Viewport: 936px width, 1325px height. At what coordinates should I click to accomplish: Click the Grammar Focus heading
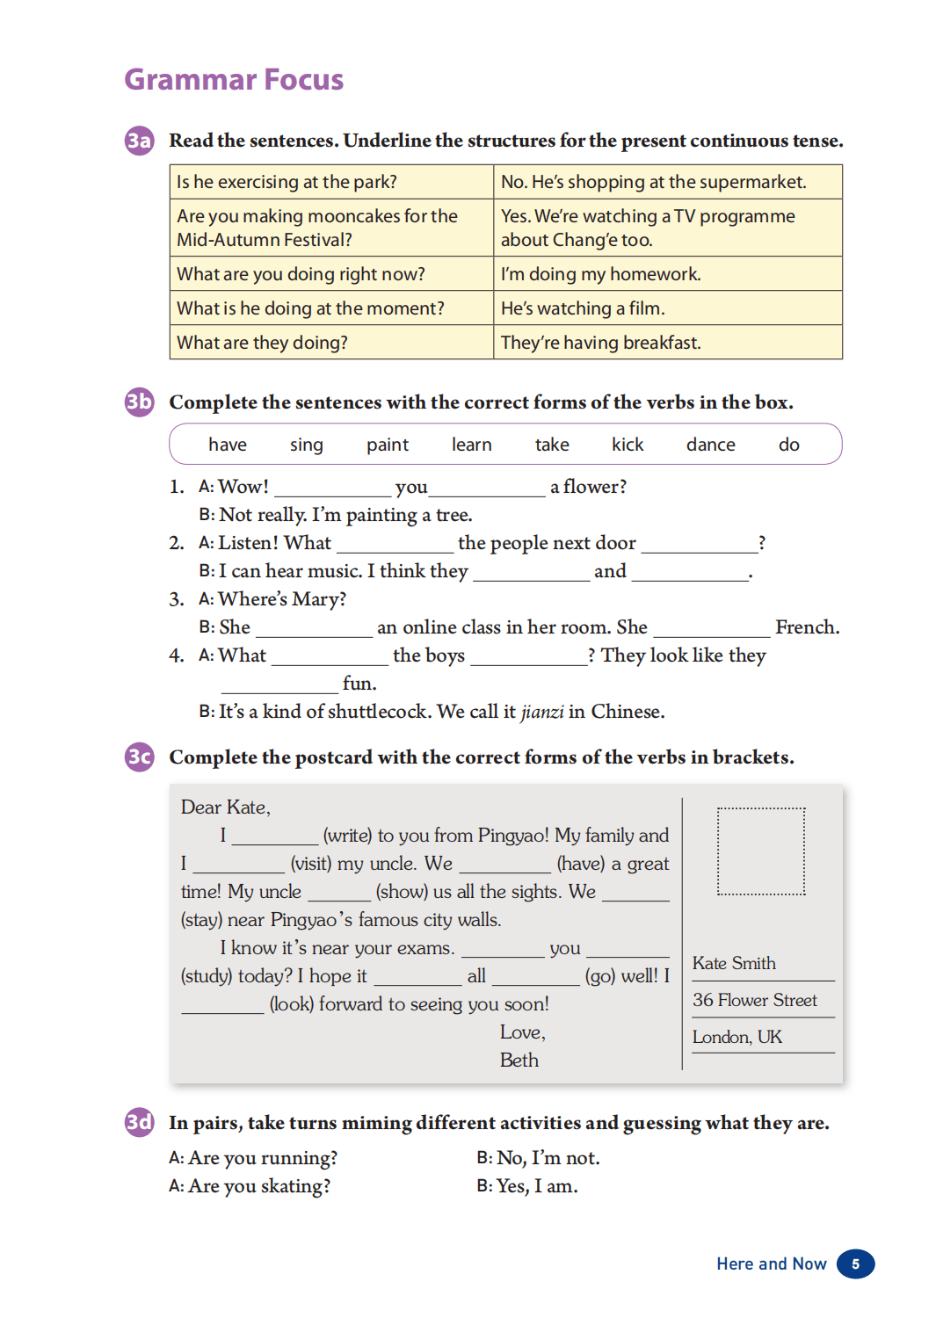[234, 79]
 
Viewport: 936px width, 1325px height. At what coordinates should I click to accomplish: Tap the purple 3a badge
[139, 141]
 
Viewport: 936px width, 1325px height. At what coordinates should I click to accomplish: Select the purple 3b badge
[139, 402]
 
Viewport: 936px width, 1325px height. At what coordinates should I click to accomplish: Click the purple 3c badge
[139, 757]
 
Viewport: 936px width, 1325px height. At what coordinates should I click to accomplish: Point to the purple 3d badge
[139, 1123]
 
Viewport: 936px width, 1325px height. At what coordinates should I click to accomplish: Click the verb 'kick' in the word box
[628, 445]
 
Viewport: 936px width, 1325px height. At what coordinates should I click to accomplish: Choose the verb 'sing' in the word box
[307, 445]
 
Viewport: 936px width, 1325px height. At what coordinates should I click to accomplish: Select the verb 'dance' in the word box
[710, 445]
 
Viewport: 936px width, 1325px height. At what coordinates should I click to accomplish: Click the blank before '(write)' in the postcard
[275, 837]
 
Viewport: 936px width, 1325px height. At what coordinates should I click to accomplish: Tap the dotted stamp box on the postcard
[761, 851]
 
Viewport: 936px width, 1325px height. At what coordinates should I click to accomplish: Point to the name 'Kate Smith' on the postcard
[734, 963]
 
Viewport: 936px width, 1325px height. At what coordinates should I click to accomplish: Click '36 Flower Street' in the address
[754, 1000]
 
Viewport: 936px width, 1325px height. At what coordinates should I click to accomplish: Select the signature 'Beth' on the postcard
[519, 1061]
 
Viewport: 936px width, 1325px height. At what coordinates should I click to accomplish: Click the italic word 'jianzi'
[542, 712]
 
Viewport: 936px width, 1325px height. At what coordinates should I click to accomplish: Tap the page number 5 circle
[855, 1263]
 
